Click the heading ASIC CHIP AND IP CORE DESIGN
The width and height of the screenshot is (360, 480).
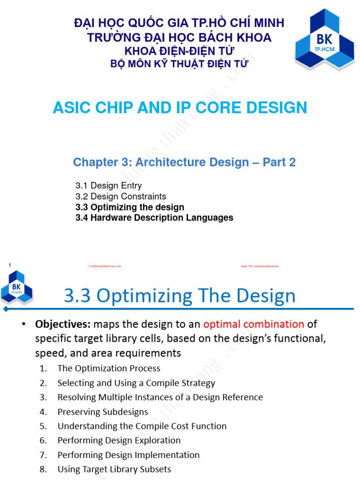tap(180, 107)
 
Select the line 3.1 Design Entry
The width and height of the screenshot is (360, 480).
tap(108, 186)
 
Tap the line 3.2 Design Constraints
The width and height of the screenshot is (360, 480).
tap(120, 196)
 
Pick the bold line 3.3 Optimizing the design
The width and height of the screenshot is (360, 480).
tap(129, 207)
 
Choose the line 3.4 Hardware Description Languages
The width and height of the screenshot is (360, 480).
tap(154, 218)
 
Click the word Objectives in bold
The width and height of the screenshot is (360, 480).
tap(63, 324)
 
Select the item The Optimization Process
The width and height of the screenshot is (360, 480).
tap(109, 368)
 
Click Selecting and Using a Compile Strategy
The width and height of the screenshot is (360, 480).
tap(136, 383)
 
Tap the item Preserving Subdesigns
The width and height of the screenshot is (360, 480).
tap(103, 412)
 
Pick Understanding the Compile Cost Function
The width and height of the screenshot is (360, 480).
tap(142, 426)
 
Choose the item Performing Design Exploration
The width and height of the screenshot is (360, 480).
tap(119, 440)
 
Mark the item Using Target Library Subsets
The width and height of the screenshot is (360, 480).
tap(114, 469)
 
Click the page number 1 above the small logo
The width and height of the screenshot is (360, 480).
tap(10, 266)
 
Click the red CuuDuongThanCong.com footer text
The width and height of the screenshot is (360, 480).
tap(105, 266)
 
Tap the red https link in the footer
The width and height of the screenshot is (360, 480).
tap(260, 266)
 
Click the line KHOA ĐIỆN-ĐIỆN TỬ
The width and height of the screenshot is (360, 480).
tap(179, 51)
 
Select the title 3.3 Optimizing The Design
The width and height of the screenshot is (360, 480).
tap(180, 296)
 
